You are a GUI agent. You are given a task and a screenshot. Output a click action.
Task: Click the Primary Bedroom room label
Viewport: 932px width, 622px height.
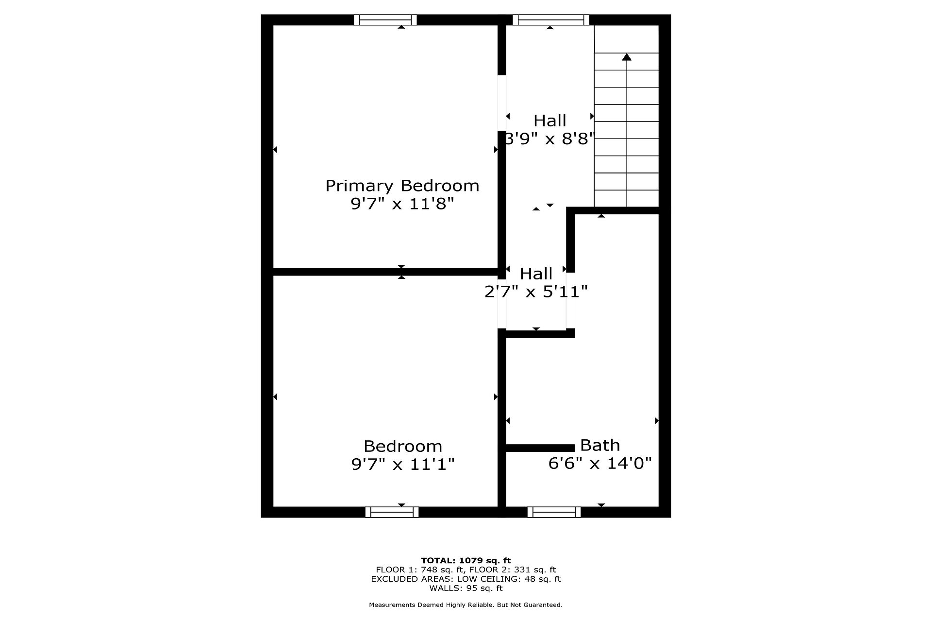coord(402,186)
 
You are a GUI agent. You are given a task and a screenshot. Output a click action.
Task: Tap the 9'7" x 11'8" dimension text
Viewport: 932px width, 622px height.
coord(402,204)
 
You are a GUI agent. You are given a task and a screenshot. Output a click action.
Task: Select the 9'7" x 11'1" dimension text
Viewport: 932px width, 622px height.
coord(403,465)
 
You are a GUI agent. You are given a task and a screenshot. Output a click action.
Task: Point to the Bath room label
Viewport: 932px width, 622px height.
coord(600,445)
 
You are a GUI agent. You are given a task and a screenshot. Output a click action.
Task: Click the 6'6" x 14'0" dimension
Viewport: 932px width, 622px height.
coord(600,463)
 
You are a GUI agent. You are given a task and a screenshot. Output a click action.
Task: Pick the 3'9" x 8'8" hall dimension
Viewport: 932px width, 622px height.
coord(550,139)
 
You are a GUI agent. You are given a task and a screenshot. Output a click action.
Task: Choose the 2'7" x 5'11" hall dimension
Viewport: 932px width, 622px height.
coord(536,292)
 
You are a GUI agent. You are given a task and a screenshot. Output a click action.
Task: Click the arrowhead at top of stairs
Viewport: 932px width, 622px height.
coord(627,57)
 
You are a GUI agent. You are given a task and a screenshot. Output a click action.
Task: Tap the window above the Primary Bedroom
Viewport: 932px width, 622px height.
coord(385,20)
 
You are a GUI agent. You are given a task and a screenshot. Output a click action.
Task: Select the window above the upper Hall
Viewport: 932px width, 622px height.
coord(550,20)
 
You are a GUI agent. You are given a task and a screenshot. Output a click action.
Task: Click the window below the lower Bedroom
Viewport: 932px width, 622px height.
coord(392,512)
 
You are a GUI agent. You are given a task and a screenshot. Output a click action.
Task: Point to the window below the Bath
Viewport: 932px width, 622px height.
coord(554,512)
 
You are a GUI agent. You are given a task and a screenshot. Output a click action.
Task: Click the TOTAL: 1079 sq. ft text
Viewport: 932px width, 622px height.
coord(466,561)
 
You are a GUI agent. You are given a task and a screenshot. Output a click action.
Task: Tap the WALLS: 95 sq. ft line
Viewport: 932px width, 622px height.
coord(466,588)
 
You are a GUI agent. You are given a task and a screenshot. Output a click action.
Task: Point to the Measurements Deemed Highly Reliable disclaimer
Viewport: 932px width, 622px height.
coord(466,605)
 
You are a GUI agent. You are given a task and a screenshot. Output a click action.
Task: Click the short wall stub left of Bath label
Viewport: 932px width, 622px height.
coord(540,448)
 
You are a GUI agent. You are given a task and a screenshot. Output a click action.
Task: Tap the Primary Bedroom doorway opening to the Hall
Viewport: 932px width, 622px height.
coord(502,103)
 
